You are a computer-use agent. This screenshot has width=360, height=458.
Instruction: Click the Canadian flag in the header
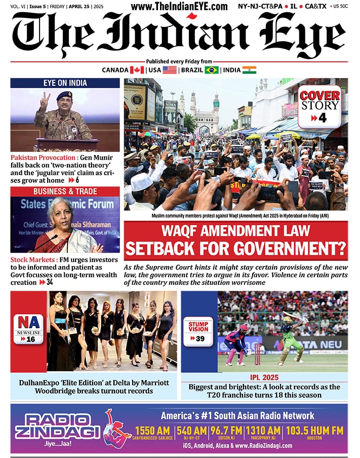(137, 70)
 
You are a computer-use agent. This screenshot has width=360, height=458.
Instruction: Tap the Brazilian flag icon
(211, 70)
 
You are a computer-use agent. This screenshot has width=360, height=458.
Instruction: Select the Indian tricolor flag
(249, 70)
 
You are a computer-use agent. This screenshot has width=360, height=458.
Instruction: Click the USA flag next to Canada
(170, 70)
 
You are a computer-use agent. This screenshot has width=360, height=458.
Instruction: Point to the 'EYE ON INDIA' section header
(65, 83)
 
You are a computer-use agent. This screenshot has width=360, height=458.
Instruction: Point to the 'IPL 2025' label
(264, 378)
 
